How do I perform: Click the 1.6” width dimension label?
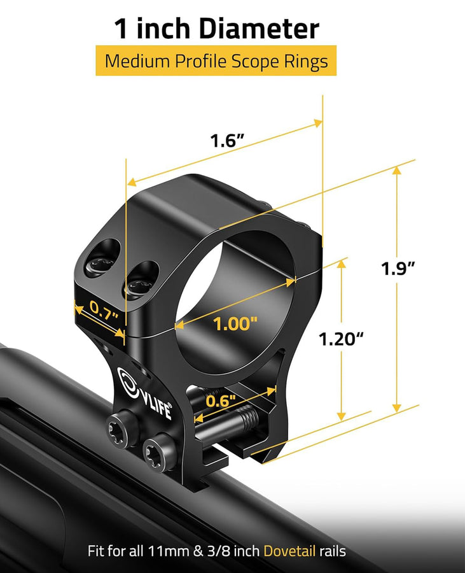228,141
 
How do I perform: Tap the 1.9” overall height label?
398,268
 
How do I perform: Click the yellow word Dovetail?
289,551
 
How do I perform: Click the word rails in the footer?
333,551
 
